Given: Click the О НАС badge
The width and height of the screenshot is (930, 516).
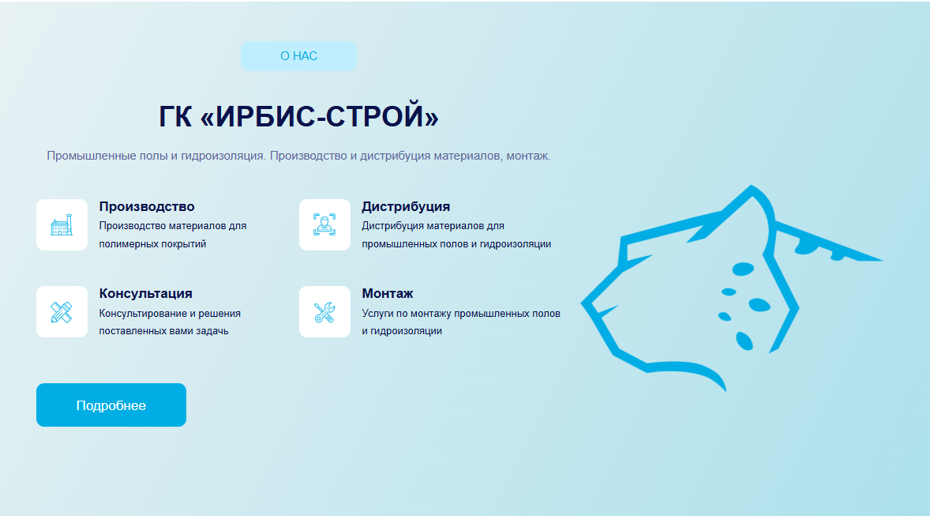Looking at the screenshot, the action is (298, 56).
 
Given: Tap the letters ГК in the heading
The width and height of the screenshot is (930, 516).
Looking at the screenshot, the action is (175, 116).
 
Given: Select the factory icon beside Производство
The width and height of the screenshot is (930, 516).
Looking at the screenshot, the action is (62, 225).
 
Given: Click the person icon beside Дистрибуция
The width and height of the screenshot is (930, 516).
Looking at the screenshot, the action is (324, 225).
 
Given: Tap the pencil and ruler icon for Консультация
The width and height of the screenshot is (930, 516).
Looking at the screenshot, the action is (62, 312).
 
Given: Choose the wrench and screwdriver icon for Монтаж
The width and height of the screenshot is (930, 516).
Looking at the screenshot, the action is (324, 312).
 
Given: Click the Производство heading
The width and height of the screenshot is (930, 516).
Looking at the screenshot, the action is (147, 207).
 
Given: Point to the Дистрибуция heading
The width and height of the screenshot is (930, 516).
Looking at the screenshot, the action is (406, 207).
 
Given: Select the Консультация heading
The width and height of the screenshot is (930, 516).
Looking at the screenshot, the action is (146, 293).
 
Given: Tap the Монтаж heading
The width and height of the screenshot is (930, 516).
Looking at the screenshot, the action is (388, 293).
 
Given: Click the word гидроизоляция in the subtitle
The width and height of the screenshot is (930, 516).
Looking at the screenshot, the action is (223, 156).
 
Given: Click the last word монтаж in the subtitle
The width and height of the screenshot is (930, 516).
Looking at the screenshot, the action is (528, 156).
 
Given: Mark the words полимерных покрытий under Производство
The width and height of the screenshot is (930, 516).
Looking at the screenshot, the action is (152, 244).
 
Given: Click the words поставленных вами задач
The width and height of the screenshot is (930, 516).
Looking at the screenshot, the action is (163, 331).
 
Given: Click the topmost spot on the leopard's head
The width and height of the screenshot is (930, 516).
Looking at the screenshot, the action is (752, 186).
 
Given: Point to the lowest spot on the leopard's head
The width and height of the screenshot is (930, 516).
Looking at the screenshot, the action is (724, 390).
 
